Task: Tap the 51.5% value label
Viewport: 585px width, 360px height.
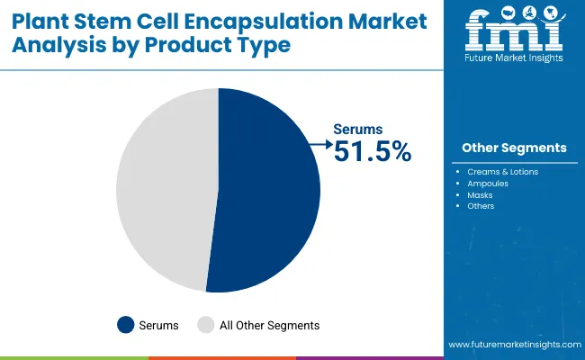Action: (372, 152)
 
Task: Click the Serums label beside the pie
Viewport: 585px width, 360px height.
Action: (358, 130)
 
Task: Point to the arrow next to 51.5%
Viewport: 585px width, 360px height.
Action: (319, 142)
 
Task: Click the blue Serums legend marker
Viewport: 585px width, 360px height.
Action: (125, 325)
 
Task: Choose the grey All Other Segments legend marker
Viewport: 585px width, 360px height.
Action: (206, 325)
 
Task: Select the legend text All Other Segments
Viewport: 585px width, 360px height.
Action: (270, 325)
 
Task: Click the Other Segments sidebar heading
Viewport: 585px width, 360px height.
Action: (514, 148)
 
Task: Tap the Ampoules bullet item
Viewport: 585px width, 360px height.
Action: (489, 183)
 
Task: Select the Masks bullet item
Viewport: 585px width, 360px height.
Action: (481, 194)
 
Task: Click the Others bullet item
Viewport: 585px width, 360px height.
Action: (481, 206)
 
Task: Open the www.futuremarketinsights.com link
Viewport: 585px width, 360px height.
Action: (512, 345)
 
